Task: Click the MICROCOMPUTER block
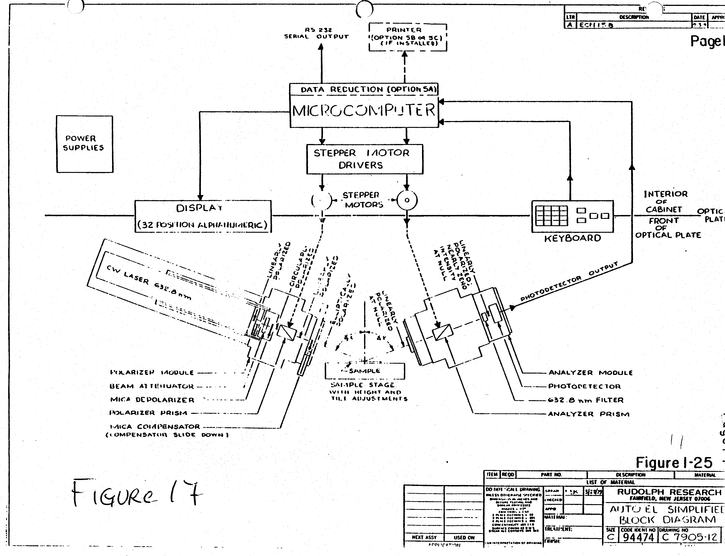[364, 111]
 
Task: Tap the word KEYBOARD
[572, 238]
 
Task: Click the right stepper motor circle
[407, 200]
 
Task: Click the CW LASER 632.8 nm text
[149, 283]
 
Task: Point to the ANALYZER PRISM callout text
[588, 414]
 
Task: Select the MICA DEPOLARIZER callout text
[152, 400]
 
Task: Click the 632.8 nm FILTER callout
[585, 400]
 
